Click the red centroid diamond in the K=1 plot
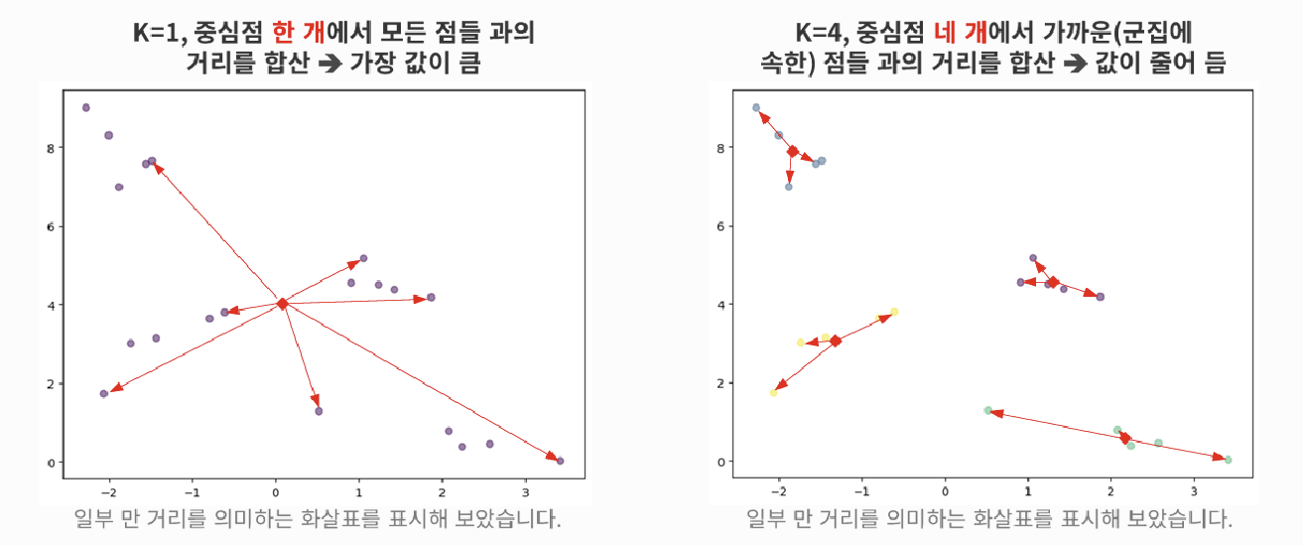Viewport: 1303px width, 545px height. click(283, 303)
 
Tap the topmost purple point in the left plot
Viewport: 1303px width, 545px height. click(86, 107)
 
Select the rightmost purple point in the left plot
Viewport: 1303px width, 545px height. click(560, 461)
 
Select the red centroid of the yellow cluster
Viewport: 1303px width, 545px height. click(836, 341)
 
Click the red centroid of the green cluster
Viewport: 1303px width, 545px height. click(1125, 438)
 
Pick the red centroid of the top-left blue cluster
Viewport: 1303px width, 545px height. click(792, 151)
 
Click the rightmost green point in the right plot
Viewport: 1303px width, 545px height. click(1228, 460)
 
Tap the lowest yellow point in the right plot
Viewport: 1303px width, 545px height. click(774, 392)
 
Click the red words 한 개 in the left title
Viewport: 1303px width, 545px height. click(298, 32)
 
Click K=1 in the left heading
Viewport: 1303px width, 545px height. click(154, 32)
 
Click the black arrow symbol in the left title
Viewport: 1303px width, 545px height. click(325, 66)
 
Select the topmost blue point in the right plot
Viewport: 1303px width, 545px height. click(756, 107)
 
